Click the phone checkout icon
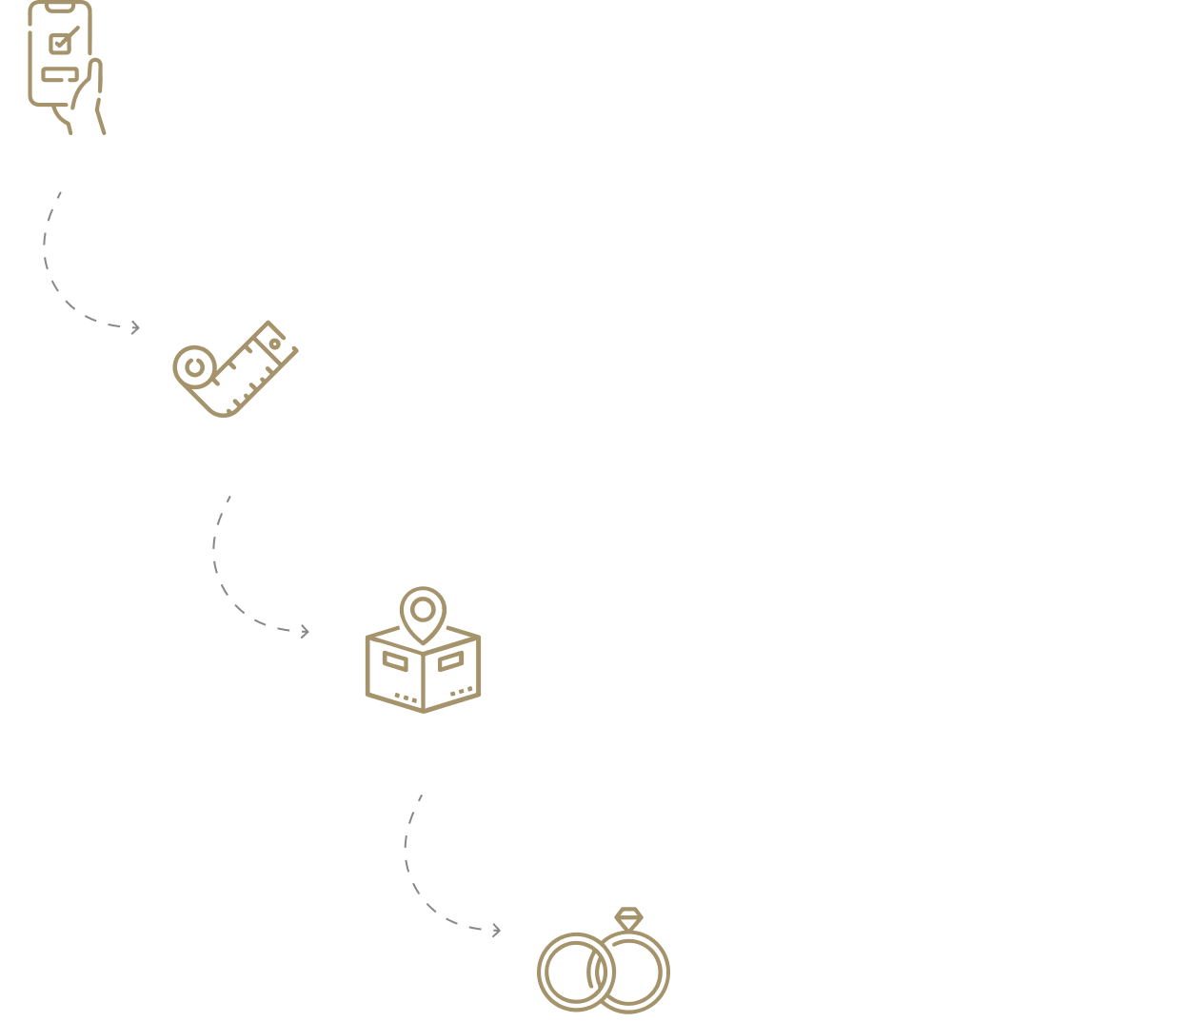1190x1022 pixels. [x=63, y=67]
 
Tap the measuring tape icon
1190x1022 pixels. [x=234, y=369]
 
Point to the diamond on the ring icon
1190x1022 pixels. [x=629, y=919]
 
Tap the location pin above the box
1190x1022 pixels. [x=423, y=611]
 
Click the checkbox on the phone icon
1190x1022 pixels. [x=60, y=42]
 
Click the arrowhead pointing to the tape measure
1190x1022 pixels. [x=135, y=327]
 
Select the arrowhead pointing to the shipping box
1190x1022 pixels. [x=305, y=631]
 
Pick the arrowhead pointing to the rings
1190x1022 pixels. [x=495, y=930]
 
